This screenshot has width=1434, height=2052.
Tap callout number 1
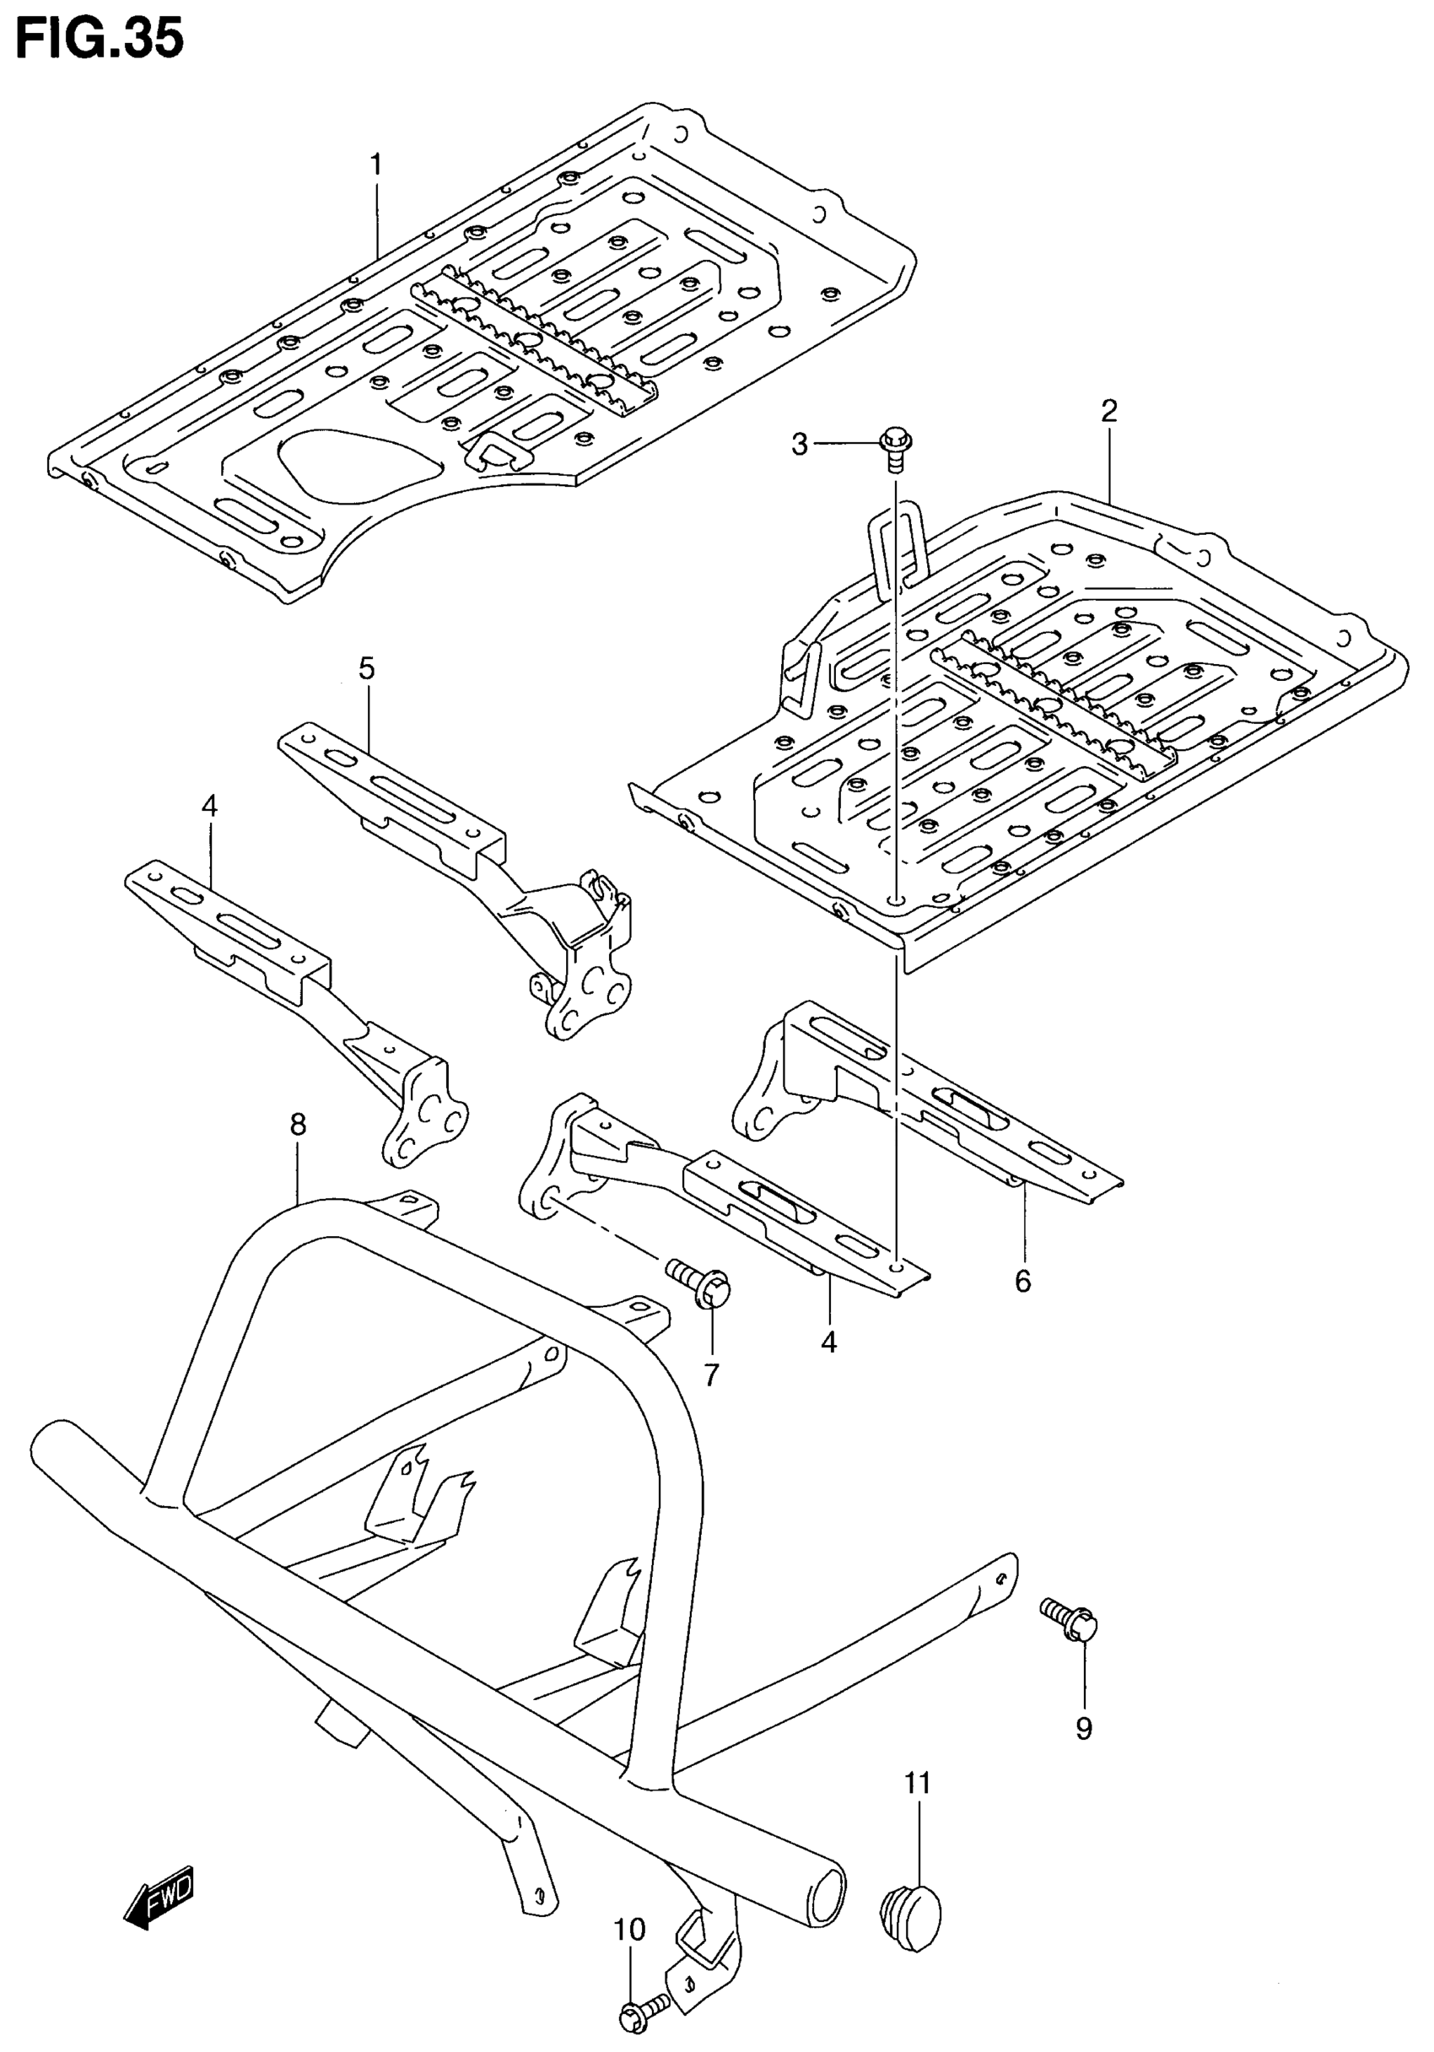(x=376, y=165)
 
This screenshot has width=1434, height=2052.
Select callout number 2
(x=1108, y=411)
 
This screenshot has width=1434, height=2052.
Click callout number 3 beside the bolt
(x=799, y=443)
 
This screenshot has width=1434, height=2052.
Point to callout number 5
(x=366, y=668)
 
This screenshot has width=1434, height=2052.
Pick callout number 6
(x=1022, y=1282)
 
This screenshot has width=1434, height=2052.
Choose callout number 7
(x=711, y=1375)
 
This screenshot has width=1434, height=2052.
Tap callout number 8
(x=299, y=1125)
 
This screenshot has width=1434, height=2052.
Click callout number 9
(x=1083, y=1729)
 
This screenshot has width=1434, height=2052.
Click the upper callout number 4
(x=209, y=806)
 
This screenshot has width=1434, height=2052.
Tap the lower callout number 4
(x=829, y=1342)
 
